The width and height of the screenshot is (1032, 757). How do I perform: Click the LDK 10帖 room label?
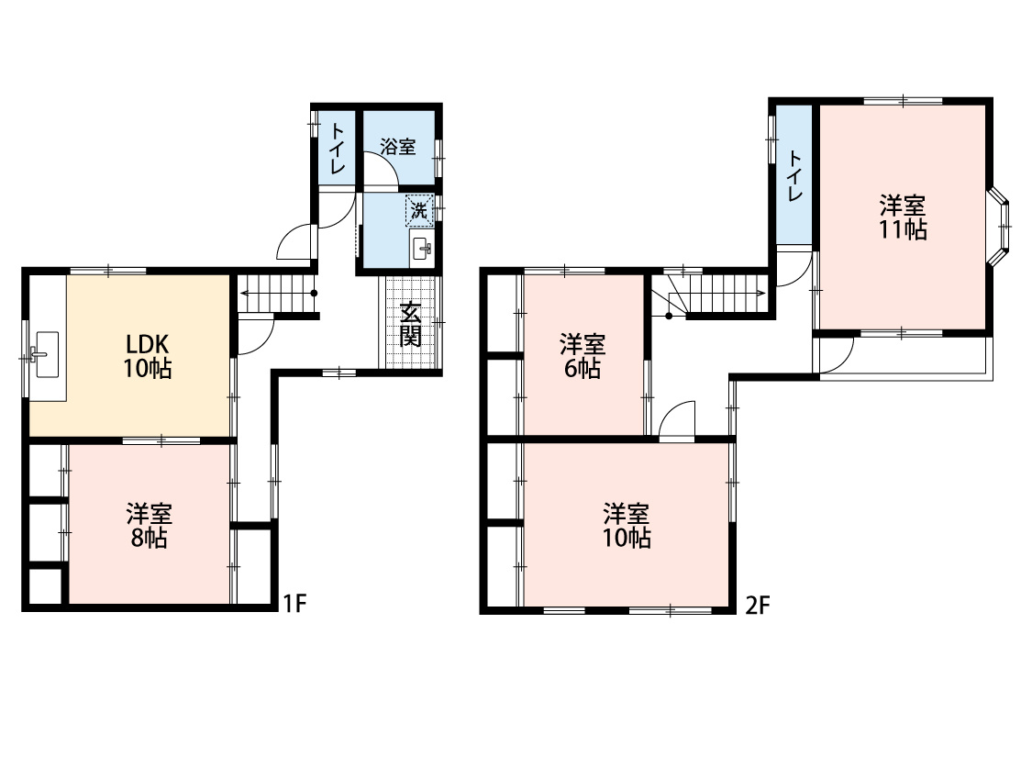(148, 356)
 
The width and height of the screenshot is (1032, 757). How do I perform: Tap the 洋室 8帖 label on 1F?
(149, 525)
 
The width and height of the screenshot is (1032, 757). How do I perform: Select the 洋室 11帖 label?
(903, 217)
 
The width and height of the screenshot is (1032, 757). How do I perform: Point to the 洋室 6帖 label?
(583, 356)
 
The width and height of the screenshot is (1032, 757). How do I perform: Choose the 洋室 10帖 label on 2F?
(627, 525)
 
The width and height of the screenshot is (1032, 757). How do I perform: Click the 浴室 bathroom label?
(398, 146)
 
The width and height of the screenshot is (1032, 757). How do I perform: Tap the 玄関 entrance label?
(410, 324)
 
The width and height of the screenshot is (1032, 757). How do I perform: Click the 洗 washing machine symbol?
(419, 211)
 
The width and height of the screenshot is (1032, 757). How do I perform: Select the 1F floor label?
(294, 603)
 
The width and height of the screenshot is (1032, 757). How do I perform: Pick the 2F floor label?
(758, 605)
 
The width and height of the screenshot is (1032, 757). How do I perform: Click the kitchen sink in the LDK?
(47, 355)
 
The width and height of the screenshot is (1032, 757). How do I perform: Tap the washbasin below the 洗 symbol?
(421, 248)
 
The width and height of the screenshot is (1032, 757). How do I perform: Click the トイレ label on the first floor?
(337, 149)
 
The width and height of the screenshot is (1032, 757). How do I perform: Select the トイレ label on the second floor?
(794, 176)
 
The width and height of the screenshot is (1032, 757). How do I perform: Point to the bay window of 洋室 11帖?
(998, 226)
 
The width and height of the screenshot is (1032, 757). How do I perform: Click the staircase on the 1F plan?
(276, 294)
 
